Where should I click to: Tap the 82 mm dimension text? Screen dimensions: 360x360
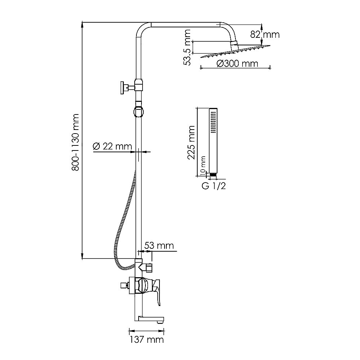point(265,35)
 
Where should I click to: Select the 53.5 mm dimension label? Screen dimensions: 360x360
point(187,48)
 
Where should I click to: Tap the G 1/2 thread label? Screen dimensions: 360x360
point(214,186)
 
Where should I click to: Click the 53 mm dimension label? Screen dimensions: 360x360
point(159,246)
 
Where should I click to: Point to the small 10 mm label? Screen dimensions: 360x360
point(203,165)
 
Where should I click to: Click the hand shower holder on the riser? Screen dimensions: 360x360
point(138,111)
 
